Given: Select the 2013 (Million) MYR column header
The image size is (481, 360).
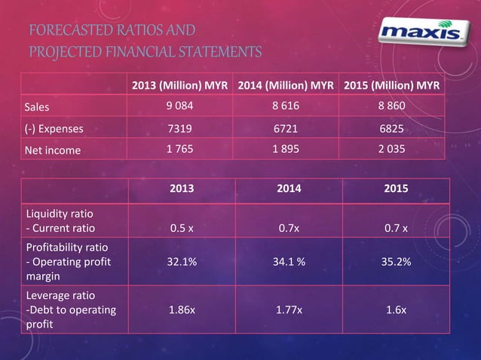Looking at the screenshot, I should click(179, 84).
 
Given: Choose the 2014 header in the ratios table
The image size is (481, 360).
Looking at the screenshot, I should click(285, 189).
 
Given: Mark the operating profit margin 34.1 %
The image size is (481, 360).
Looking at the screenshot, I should click(285, 264).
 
